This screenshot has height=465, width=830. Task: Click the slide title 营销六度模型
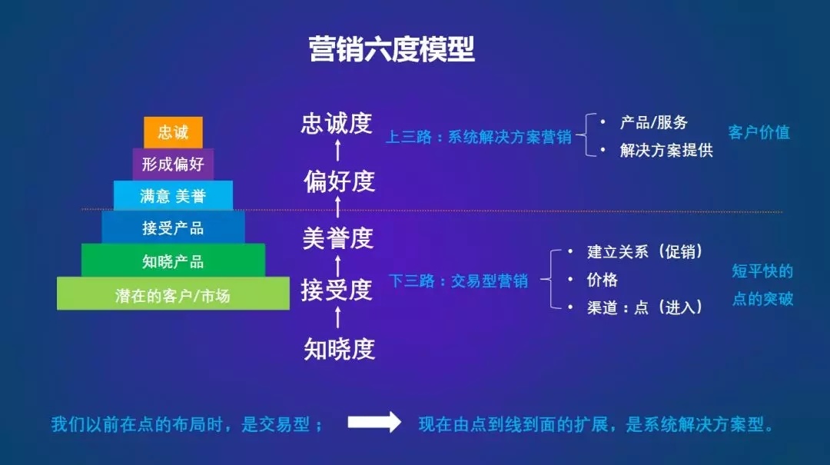point(392,49)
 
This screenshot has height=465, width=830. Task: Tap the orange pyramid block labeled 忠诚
point(173,132)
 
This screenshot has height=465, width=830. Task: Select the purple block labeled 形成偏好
point(173,164)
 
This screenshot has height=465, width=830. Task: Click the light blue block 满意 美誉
point(173,195)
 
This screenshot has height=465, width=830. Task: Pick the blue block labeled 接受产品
point(173,228)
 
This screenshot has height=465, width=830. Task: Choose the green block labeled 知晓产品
point(173,261)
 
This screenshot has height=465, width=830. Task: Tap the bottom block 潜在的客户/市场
point(173,294)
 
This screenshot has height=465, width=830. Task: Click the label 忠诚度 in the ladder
point(337,124)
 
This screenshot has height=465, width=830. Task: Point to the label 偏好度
point(340,181)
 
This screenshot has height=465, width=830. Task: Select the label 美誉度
point(338,237)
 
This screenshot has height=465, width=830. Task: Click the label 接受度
point(337,290)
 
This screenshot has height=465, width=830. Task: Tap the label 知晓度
point(340,349)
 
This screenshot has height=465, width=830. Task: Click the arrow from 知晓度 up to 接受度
point(337,317)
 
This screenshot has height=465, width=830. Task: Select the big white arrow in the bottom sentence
point(374,422)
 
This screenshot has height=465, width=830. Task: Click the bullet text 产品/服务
point(654,123)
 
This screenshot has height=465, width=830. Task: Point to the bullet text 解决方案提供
point(666,151)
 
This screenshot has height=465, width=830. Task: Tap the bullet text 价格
point(602,280)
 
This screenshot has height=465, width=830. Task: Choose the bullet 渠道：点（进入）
point(645,307)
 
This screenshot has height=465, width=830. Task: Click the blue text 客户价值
point(759,132)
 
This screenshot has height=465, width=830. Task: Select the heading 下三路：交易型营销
point(458,281)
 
